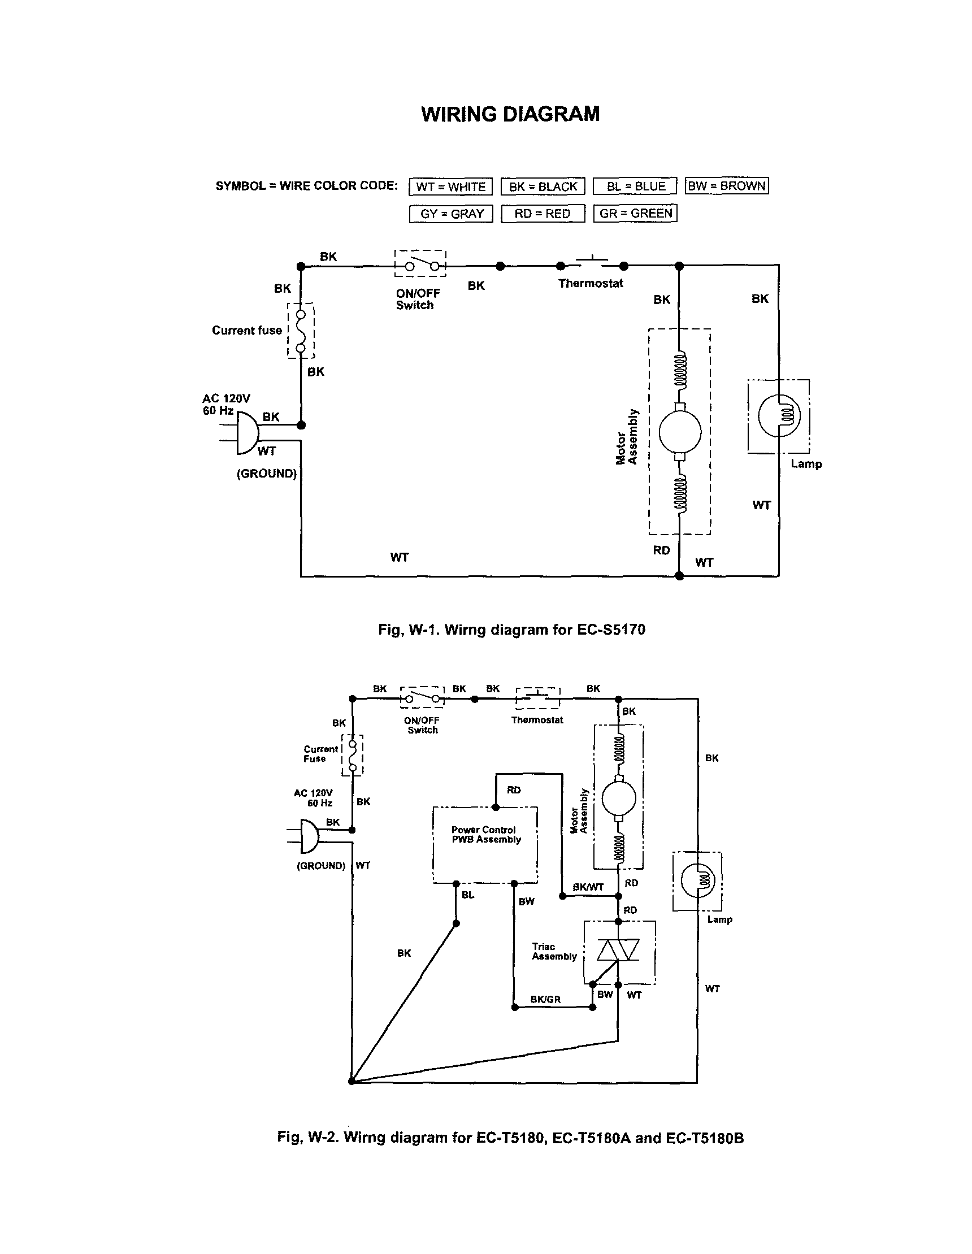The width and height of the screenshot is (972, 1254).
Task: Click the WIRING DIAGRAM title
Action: pyautogui.click(x=510, y=114)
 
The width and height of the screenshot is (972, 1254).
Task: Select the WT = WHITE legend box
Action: pyautogui.click(x=451, y=186)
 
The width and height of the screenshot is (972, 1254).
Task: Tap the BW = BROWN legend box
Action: pyautogui.click(x=726, y=186)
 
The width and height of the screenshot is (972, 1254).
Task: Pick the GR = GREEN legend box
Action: pyautogui.click(x=635, y=214)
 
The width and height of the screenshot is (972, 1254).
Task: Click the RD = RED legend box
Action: pyautogui.click(x=543, y=214)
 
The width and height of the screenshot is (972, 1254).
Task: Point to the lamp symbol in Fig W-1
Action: pyautogui.click(x=779, y=416)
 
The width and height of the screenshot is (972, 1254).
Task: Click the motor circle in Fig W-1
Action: pyautogui.click(x=680, y=432)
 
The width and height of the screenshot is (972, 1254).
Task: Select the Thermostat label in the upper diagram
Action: pyautogui.click(x=590, y=283)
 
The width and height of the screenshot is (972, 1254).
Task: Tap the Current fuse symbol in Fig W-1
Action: pyautogui.click(x=300, y=331)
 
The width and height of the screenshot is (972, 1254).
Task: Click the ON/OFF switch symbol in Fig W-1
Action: pyautogui.click(x=421, y=264)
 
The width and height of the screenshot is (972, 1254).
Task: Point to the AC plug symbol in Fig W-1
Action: pyautogui.click(x=247, y=432)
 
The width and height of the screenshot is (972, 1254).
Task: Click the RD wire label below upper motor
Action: pyautogui.click(x=661, y=550)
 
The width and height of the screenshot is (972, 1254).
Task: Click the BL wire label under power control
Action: pyautogui.click(x=468, y=895)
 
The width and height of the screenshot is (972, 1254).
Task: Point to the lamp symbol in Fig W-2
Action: pyautogui.click(x=697, y=880)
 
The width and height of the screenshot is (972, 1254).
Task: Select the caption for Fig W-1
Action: pyautogui.click(x=511, y=630)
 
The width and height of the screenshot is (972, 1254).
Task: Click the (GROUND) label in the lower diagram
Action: pyautogui.click(x=321, y=866)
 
